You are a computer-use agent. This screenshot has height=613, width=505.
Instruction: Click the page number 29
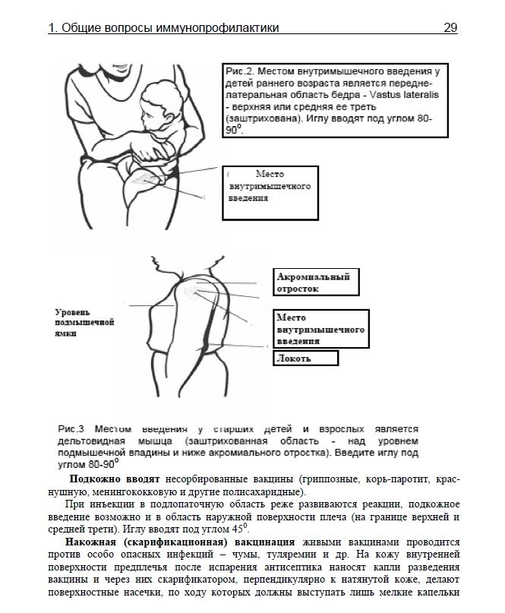pyautogui.click(x=450, y=28)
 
